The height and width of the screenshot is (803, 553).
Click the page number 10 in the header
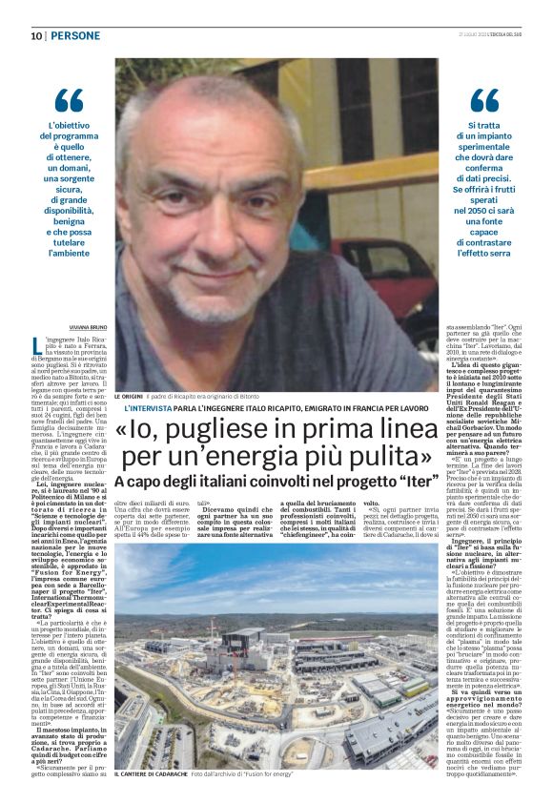pyautogui.click(x=35, y=36)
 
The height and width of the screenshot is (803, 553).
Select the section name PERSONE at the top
pyautogui.click(x=74, y=36)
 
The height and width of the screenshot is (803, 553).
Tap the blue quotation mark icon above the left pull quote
pyautogui.click(x=69, y=99)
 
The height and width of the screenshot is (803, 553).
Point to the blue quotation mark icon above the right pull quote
pyautogui.click(x=483, y=99)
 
